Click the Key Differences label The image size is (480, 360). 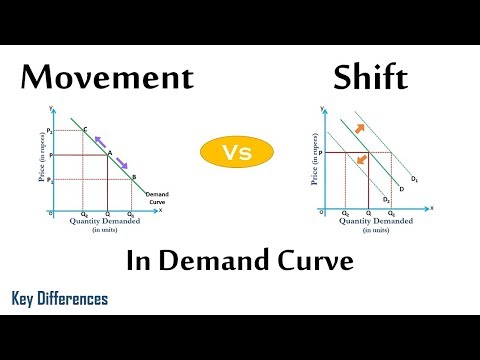coord(60,299)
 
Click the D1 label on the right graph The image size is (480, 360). coord(415,179)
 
